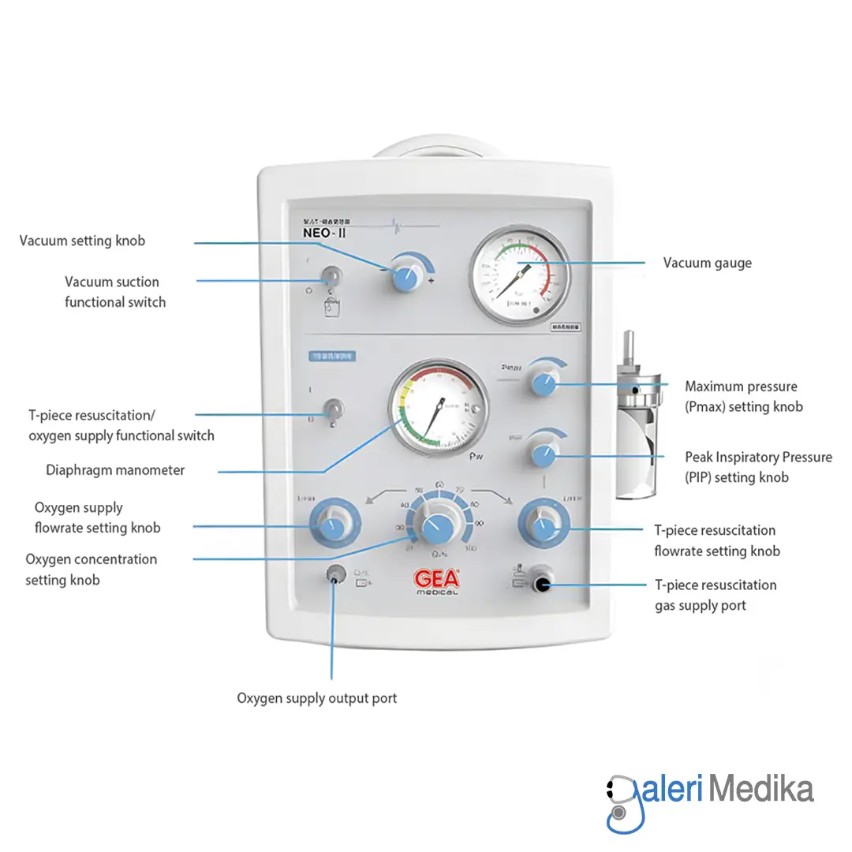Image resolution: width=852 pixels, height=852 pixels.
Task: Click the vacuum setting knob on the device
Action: tap(406, 277)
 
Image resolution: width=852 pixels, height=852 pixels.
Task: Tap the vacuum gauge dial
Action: tap(520, 274)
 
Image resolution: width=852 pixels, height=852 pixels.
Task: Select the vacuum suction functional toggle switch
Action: tap(332, 276)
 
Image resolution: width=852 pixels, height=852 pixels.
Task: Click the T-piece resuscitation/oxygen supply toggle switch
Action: tap(333, 409)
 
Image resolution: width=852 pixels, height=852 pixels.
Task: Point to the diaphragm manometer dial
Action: tap(439, 408)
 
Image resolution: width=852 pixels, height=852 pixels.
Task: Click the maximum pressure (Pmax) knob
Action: tap(543, 383)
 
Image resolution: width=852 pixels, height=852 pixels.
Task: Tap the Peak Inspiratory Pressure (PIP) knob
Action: tap(543, 454)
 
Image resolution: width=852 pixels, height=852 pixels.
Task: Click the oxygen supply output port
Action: tap(334, 577)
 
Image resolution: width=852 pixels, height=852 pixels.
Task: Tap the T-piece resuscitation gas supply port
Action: tap(541, 585)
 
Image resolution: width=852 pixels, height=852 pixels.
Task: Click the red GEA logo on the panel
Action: tap(436, 579)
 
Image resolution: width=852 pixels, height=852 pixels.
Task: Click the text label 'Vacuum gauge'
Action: tap(707, 263)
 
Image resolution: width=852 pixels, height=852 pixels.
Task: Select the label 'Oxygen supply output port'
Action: tap(316, 698)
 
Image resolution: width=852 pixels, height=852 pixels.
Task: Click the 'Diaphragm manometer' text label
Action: tap(115, 470)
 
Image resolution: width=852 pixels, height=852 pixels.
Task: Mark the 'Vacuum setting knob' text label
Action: tap(83, 241)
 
